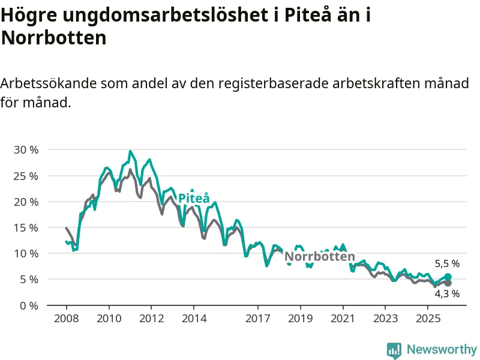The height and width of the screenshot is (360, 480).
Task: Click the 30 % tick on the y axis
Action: coord(26,149)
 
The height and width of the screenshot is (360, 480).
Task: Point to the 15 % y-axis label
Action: coord(26,227)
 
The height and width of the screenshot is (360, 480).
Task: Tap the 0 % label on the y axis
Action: coord(28,305)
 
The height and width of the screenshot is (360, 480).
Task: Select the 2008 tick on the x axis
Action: coord(65,318)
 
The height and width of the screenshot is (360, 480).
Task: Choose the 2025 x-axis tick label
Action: coord(427,318)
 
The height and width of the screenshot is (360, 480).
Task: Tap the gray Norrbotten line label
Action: coord(319,257)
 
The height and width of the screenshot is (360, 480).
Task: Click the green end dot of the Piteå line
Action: coord(448,277)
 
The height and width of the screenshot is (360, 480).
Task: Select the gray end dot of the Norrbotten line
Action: coord(448,283)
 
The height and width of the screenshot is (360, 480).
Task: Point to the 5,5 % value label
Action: coord(447,263)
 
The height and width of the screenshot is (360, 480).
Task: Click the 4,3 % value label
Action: coord(447,294)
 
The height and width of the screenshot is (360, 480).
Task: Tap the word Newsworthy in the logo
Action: coord(442,349)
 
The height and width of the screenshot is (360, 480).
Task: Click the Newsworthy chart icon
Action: coord(394,350)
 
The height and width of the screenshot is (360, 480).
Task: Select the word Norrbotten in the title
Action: coord(54,38)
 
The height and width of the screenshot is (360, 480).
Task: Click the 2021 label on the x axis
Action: coord(343,318)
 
